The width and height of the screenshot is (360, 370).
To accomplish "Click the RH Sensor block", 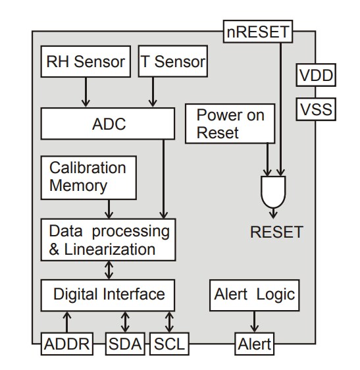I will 85,63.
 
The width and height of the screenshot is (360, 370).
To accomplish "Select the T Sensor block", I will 173,63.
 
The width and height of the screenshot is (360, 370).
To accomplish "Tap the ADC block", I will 108,124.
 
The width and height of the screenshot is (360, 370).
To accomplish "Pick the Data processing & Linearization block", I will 108,240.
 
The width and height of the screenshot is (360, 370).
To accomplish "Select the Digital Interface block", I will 108,294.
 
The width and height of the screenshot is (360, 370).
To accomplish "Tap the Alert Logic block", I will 255,294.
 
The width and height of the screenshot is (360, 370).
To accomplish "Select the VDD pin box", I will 316,76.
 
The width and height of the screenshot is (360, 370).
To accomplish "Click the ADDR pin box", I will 66,343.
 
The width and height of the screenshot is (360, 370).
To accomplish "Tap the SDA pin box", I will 126,343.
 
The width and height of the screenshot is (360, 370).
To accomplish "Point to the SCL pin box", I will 169,343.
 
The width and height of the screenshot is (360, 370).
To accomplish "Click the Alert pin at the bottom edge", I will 254,343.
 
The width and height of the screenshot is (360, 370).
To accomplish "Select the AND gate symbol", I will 274,190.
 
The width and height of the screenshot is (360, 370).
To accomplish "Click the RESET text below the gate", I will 276,232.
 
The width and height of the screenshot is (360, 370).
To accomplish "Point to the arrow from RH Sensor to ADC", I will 85,92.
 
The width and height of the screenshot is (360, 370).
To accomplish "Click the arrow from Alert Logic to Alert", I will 254,322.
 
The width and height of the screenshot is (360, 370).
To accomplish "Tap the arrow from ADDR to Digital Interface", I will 66,322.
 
